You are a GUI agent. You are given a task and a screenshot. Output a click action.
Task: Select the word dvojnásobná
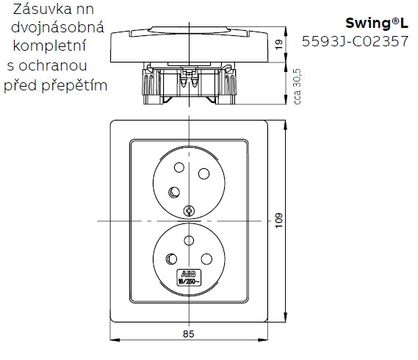click(54, 29)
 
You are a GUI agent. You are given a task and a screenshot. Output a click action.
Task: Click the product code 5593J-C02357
click(356, 42)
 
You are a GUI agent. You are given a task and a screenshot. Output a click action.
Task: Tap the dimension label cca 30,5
click(297, 85)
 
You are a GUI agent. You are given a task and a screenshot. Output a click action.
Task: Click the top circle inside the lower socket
click(190, 240)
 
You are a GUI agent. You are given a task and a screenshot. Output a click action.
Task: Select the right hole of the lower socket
click(206, 259)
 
